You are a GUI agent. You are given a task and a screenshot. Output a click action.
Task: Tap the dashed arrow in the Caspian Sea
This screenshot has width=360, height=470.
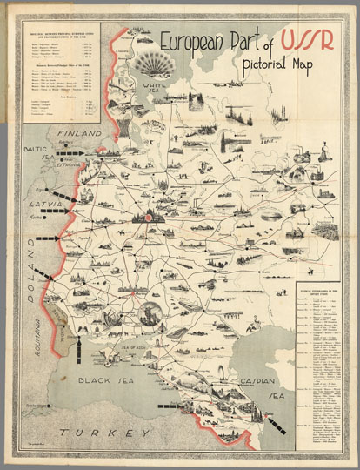point(276,426)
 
